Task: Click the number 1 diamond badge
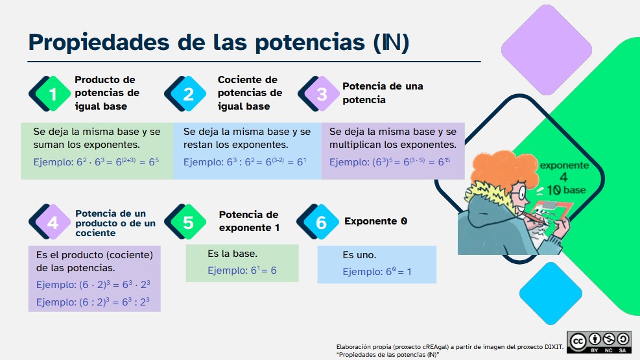pos(53,94)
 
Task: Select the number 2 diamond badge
pos(188,94)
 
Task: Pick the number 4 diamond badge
pos(53,222)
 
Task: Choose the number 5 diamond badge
pos(188,222)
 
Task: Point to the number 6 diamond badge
pos(321,222)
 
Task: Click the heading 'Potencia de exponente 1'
pos(248,221)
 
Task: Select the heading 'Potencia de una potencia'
pos(383,93)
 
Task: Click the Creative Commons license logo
pos(598,342)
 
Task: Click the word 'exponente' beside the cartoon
pos(564,165)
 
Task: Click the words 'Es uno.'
pos(359,255)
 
